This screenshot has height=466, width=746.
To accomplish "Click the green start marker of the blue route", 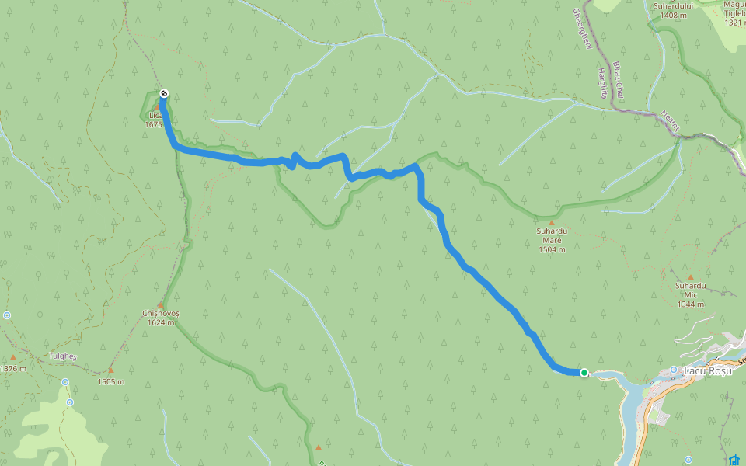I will [x=584, y=373].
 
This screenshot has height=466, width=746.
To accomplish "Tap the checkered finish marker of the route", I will [x=164, y=95].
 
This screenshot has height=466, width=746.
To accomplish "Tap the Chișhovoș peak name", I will [x=161, y=313].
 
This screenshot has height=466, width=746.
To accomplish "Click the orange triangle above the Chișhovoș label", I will [x=161, y=304].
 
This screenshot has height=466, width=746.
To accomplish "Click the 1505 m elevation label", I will [x=111, y=381].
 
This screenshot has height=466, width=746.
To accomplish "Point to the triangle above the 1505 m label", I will [x=111, y=370].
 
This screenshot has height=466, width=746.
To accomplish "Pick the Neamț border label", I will [x=671, y=120].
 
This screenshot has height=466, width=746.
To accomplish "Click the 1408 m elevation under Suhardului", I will [x=668, y=15].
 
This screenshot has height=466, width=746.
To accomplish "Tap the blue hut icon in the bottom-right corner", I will [x=734, y=460].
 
